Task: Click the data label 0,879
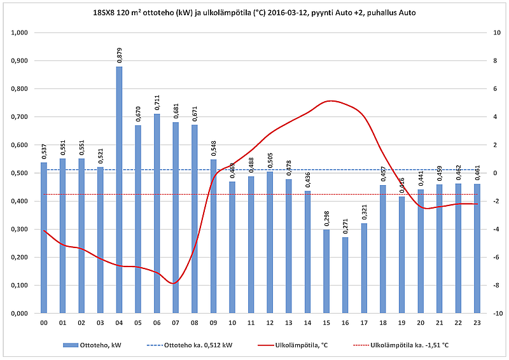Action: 119,55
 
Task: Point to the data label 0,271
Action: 345,226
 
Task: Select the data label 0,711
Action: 157,103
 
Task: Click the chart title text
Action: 254,12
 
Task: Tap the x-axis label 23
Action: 477,322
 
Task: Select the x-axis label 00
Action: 44,322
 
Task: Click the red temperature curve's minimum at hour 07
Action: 174,284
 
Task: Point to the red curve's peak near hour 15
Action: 329,100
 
